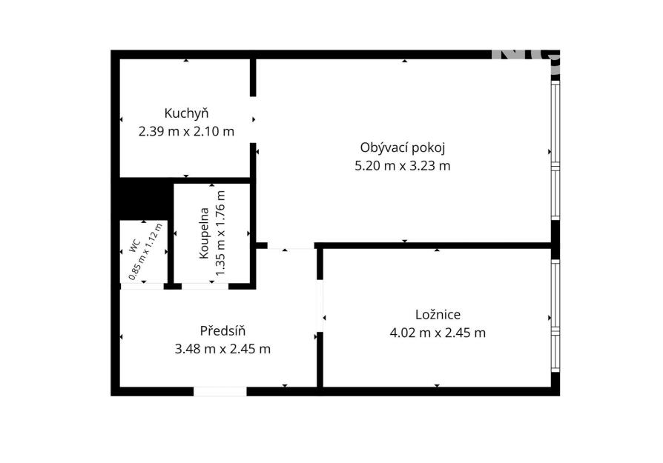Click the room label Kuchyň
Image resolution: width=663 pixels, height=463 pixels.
click(x=186, y=113)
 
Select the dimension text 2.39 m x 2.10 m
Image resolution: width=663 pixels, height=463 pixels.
click(x=186, y=131)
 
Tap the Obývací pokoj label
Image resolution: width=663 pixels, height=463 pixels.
click(x=403, y=148)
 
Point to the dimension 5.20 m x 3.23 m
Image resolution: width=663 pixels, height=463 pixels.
click(x=403, y=166)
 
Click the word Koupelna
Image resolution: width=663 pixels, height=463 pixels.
click(x=204, y=233)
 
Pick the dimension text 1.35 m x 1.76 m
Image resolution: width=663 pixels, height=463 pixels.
click(x=220, y=233)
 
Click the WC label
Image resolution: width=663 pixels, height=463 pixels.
click(x=135, y=246)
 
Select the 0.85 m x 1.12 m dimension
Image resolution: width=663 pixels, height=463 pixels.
click(x=146, y=251)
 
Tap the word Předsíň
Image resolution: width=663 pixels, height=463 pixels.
click(x=222, y=331)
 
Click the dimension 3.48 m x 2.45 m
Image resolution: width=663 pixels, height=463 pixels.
click(x=222, y=349)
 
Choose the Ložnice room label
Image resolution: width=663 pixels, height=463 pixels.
click(x=438, y=315)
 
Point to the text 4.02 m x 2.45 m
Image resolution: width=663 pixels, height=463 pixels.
click(x=438, y=333)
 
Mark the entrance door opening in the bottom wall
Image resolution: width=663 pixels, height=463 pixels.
click(x=220, y=392)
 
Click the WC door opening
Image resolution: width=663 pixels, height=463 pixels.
click(x=142, y=287)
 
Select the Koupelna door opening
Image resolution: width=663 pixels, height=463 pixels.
click(x=205, y=287)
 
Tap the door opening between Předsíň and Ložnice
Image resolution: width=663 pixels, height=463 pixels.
click(x=320, y=306)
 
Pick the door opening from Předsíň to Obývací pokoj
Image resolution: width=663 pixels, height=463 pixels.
click(x=291, y=245)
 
